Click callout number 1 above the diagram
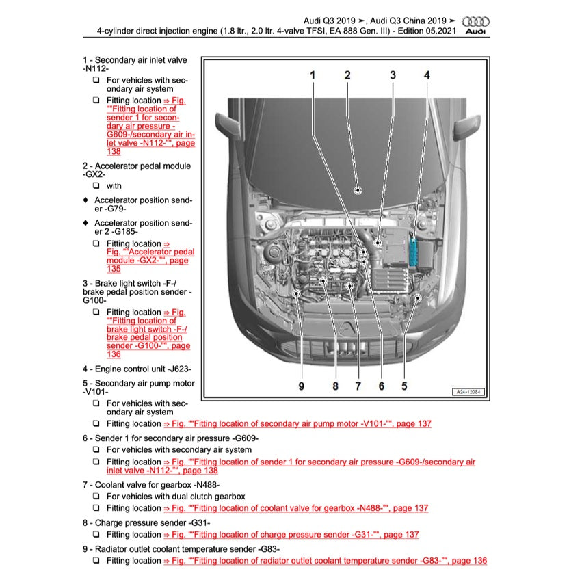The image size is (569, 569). tap(313, 75)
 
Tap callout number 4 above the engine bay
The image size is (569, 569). tap(427, 75)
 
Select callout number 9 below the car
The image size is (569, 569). tap(301, 386)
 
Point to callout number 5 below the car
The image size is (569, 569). tap(404, 386)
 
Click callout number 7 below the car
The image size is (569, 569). tap(358, 386)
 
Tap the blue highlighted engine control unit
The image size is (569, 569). tap(415, 252)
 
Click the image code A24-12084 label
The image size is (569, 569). tap(469, 393)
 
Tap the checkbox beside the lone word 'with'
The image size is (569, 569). tap(96, 185)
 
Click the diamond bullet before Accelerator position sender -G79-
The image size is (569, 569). tap(85, 200)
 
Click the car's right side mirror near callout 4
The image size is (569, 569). tap(469, 125)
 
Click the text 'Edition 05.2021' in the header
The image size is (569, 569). tap(425, 31)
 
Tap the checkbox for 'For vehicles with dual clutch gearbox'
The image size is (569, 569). tap(96, 497)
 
